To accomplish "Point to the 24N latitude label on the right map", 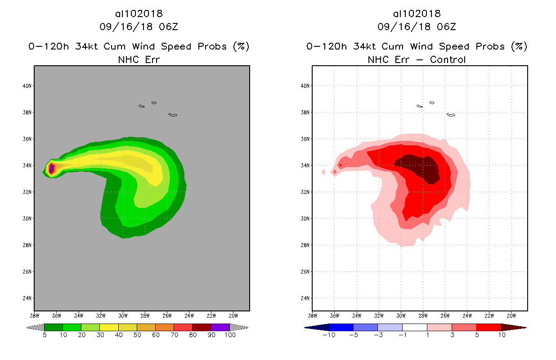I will pyautogui.click(x=306, y=298).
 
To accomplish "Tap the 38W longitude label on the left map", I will pyautogui.click(x=34, y=315).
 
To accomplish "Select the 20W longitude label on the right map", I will pyautogui.click(x=511, y=315).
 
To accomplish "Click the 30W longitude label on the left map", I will pyautogui.click(x=123, y=315).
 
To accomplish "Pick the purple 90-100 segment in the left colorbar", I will pyautogui.click(x=220, y=327).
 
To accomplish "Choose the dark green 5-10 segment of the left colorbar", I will pyautogui.click(x=54, y=327).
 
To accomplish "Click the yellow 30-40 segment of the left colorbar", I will pyautogui.click(x=109, y=327).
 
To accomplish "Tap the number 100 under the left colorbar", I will pyautogui.click(x=230, y=335).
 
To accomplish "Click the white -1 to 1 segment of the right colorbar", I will pyautogui.click(x=414, y=327).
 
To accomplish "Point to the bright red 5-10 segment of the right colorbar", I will pyautogui.click(x=488, y=327).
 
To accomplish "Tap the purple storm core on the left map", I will pyautogui.click(x=51, y=169).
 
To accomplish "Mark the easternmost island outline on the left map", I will pyautogui.click(x=173, y=115).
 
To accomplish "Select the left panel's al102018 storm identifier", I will pyautogui.click(x=139, y=14).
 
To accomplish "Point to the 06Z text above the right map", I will pyautogui.click(x=446, y=27).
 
